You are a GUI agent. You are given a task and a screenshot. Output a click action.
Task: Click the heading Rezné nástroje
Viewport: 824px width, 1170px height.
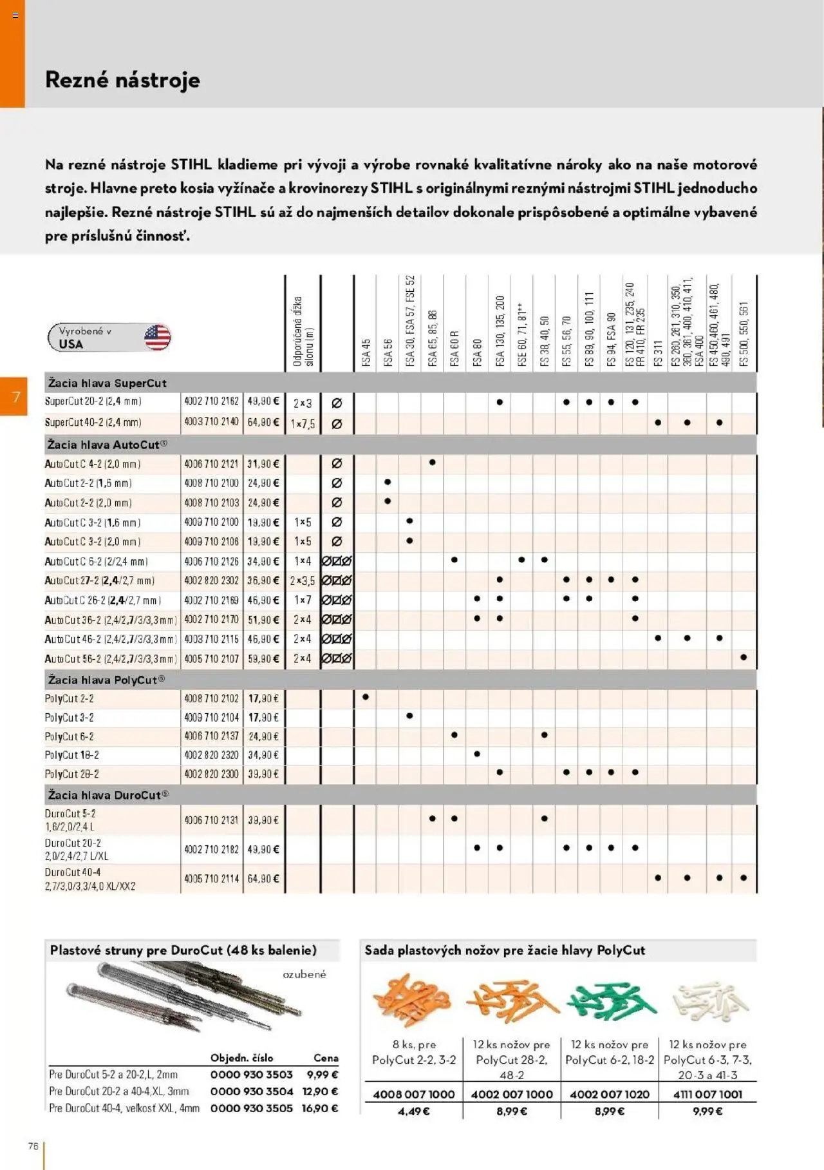pyautogui.click(x=122, y=80)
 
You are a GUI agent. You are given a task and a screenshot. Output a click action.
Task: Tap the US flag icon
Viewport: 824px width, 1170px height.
pyautogui.click(x=157, y=337)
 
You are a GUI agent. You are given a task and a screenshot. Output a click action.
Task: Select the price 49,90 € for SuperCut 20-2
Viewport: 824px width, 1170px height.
pyautogui.click(x=263, y=401)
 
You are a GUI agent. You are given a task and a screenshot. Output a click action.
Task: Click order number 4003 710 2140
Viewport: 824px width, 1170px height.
pyautogui.click(x=211, y=422)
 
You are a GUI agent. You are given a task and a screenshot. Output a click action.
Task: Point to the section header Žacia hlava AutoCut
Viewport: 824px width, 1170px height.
pyautogui.click(x=107, y=445)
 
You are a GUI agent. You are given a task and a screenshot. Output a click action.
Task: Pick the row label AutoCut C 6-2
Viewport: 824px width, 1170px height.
pyautogui.click(x=95, y=561)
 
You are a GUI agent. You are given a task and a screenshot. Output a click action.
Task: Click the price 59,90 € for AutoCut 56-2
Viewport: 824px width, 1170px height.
pyautogui.click(x=263, y=658)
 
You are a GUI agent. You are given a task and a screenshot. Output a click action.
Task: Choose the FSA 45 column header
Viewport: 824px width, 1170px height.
pyautogui.click(x=366, y=353)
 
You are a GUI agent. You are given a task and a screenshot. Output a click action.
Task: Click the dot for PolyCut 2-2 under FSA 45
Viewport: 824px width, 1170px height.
pyautogui.click(x=366, y=697)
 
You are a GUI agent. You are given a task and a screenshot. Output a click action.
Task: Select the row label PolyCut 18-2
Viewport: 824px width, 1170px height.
pyautogui.click(x=72, y=755)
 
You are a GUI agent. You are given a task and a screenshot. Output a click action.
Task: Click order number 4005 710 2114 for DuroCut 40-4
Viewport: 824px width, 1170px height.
pyautogui.click(x=211, y=878)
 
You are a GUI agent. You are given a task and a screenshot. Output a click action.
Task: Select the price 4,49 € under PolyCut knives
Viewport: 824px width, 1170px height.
pyautogui.click(x=414, y=1111)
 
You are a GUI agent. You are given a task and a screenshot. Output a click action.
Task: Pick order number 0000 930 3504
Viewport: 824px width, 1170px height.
pyautogui.click(x=252, y=1091)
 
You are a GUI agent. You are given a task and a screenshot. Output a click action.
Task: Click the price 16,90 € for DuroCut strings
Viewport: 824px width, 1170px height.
pyautogui.click(x=320, y=1108)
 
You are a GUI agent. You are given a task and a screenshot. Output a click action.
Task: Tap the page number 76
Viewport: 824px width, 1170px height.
pyautogui.click(x=33, y=1146)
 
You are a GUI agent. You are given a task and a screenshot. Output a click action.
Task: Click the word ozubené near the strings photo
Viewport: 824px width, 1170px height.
pyautogui.click(x=304, y=974)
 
